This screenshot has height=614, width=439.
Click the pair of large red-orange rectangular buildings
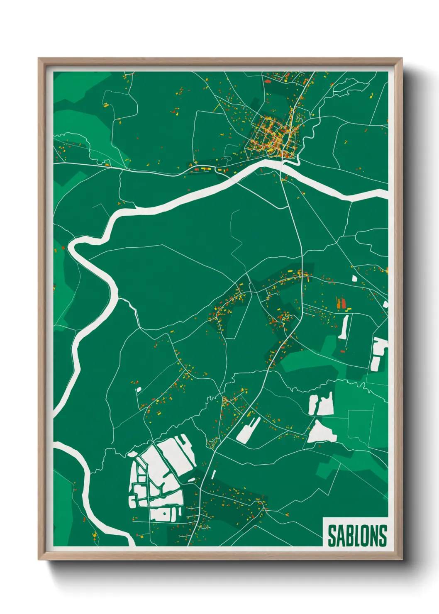pos(341,303)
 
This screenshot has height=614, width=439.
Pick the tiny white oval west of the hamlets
pos(139,389)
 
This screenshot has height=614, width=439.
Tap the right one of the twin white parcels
pos(326,404)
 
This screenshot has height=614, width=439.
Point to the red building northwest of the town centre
pos(267,82)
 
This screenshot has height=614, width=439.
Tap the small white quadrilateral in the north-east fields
pos(355,278)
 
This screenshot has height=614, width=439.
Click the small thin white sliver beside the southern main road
pos(214,474)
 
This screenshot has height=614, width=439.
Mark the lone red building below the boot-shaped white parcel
pos(343,351)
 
